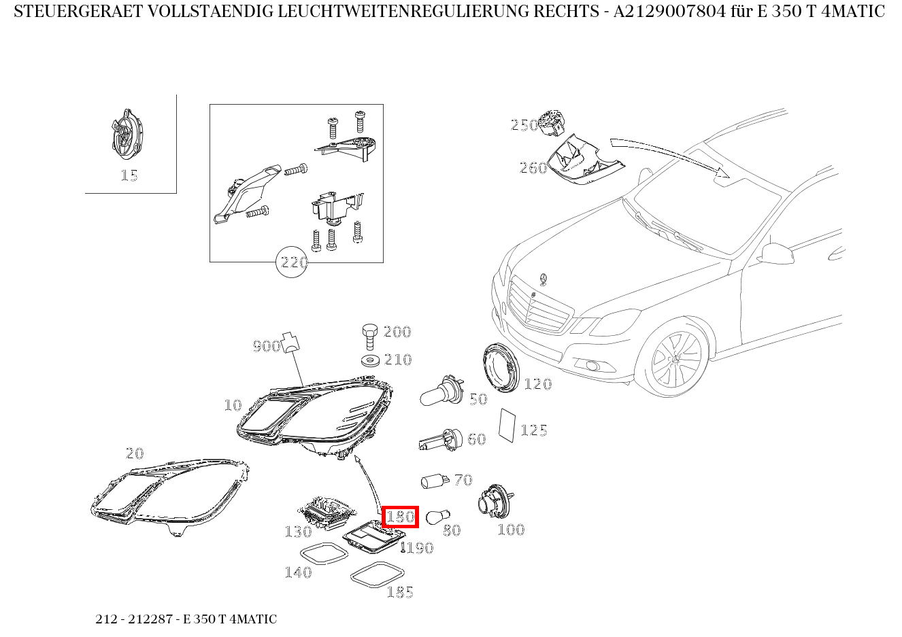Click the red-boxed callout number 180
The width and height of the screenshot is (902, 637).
400,517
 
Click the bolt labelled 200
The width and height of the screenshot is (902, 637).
369,334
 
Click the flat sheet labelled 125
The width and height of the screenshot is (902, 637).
507,426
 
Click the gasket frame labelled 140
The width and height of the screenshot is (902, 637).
324,553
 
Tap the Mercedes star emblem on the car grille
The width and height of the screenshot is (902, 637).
544,279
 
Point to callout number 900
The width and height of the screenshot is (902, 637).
266,346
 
